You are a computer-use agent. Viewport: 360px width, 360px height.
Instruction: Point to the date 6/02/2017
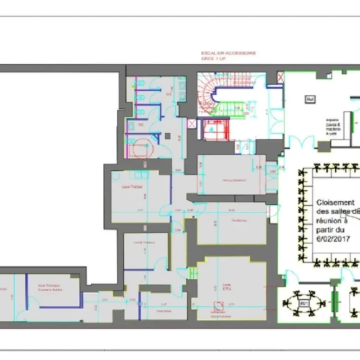(333, 239)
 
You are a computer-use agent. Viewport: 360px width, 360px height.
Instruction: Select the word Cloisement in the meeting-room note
(335, 203)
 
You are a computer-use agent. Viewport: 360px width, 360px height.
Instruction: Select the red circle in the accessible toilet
(141, 147)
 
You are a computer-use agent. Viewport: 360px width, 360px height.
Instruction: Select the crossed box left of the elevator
(191, 125)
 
